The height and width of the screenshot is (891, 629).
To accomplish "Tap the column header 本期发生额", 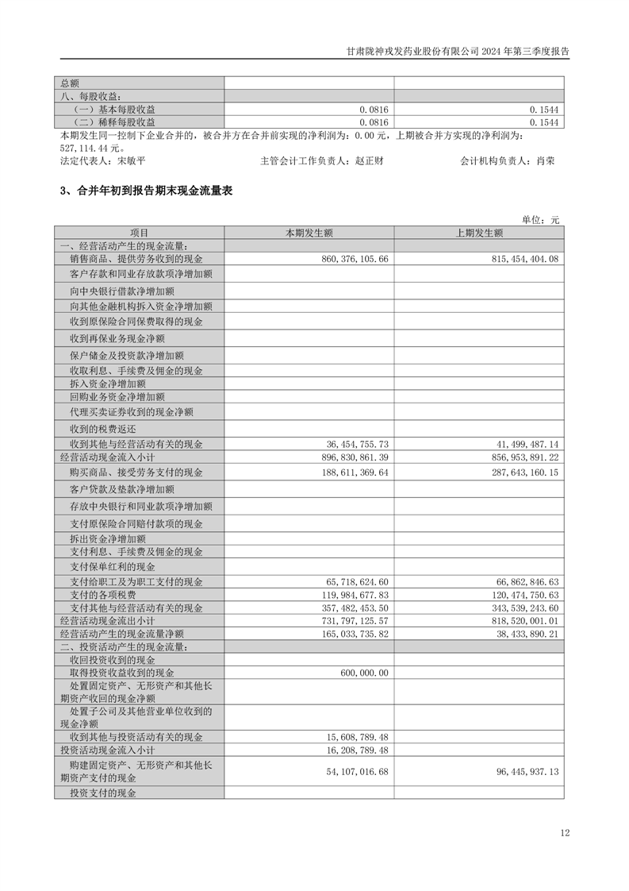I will [309, 233].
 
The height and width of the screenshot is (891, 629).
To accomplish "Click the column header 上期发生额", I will [479, 233].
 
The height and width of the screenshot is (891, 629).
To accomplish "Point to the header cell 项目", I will [139, 233].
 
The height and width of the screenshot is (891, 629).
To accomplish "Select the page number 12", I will [564, 833].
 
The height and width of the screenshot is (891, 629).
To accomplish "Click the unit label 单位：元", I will [540, 220].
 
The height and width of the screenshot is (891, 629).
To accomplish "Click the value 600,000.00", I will [364, 673].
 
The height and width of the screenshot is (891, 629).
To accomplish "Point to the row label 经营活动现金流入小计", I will [107, 457].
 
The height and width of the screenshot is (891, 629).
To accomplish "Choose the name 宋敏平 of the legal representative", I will [131, 160].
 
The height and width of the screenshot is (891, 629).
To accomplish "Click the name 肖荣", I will [546, 160].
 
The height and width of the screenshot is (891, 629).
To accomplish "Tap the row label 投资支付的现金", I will [102, 793].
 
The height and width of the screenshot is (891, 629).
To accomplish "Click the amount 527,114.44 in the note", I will [84, 147].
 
